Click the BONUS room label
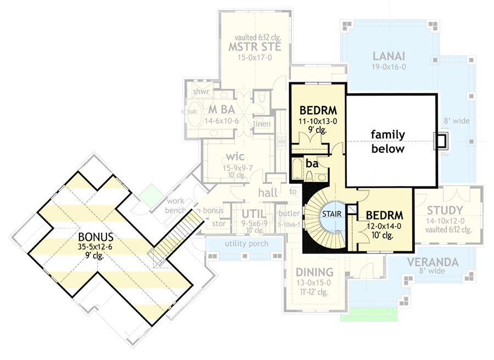click(96, 237)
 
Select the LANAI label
click(389, 56)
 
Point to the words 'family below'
click(388, 142)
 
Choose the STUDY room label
click(444, 211)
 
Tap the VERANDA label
click(432, 262)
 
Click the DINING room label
click(315, 272)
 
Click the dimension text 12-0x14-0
click(384, 226)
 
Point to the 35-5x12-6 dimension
click(96, 248)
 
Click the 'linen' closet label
click(262, 125)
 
